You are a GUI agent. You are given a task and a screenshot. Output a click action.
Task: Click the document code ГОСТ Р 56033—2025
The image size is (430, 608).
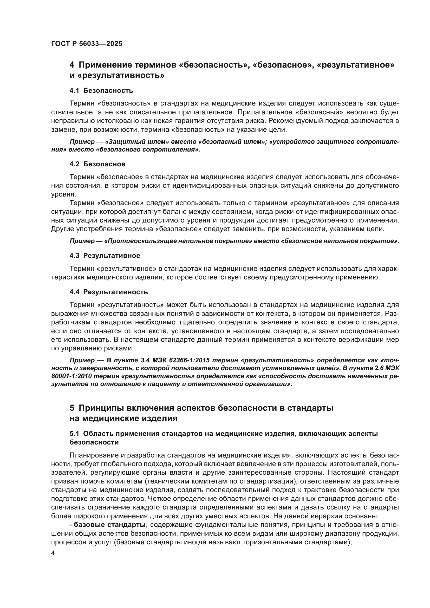pyautogui.click(x=87, y=44)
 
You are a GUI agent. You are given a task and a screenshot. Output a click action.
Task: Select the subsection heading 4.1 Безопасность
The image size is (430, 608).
pyautogui.click(x=101, y=90)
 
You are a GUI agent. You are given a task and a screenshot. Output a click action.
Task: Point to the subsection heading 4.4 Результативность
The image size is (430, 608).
pyautogui.click(x=109, y=292)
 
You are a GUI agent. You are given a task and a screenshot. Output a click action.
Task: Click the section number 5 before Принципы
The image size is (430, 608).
pyautogui.click(x=72, y=408)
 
